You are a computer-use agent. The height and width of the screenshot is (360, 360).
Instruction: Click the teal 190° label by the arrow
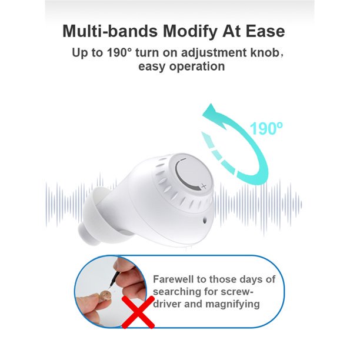pos(266,129)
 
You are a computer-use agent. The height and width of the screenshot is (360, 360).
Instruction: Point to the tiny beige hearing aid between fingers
pos(104,292)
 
